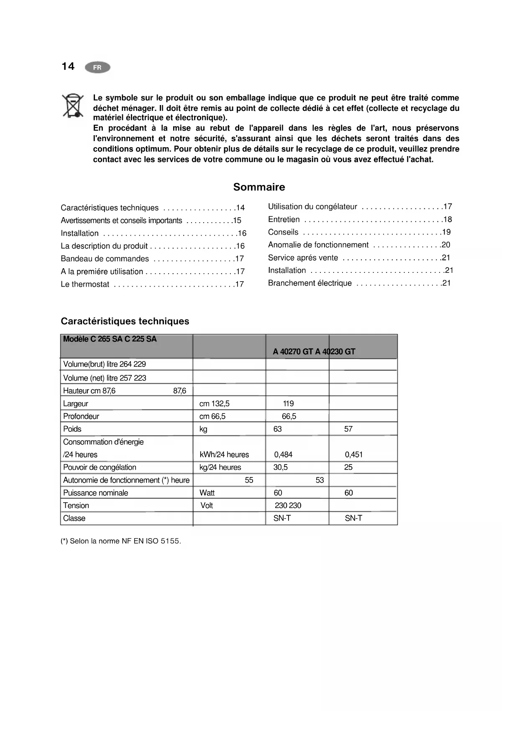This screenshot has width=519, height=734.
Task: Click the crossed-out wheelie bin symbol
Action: click(x=72, y=105)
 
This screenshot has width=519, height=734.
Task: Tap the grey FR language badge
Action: click(x=97, y=67)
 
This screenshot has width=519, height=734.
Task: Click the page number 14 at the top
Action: click(x=68, y=67)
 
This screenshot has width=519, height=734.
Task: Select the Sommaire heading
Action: click(x=259, y=187)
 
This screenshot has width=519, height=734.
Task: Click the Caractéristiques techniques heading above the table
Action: click(x=125, y=321)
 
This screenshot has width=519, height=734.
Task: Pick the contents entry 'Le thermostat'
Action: click(x=85, y=285)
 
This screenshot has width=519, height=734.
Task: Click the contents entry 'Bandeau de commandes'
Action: click(x=105, y=259)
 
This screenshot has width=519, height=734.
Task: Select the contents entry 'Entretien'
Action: click(x=284, y=219)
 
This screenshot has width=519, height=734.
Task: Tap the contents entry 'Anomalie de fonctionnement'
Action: click(x=318, y=245)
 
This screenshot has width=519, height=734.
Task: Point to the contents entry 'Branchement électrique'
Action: click(x=310, y=283)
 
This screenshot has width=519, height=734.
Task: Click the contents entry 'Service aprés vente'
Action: click(x=303, y=258)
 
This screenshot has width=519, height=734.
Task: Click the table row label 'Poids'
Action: click(x=72, y=429)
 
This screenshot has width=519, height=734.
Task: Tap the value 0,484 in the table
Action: click(x=283, y=454)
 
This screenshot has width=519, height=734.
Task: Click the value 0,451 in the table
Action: click(x=354, y=454)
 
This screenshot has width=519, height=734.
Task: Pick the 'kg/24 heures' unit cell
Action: click(x=220, y=467)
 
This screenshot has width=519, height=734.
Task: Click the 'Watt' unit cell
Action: click(x=207, y=493)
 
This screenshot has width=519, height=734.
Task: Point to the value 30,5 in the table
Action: click(x=281, y=467)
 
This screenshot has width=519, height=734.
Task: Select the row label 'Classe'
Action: click(x=74, y=518)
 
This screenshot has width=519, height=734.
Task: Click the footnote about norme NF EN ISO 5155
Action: click(x=121, y=541)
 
